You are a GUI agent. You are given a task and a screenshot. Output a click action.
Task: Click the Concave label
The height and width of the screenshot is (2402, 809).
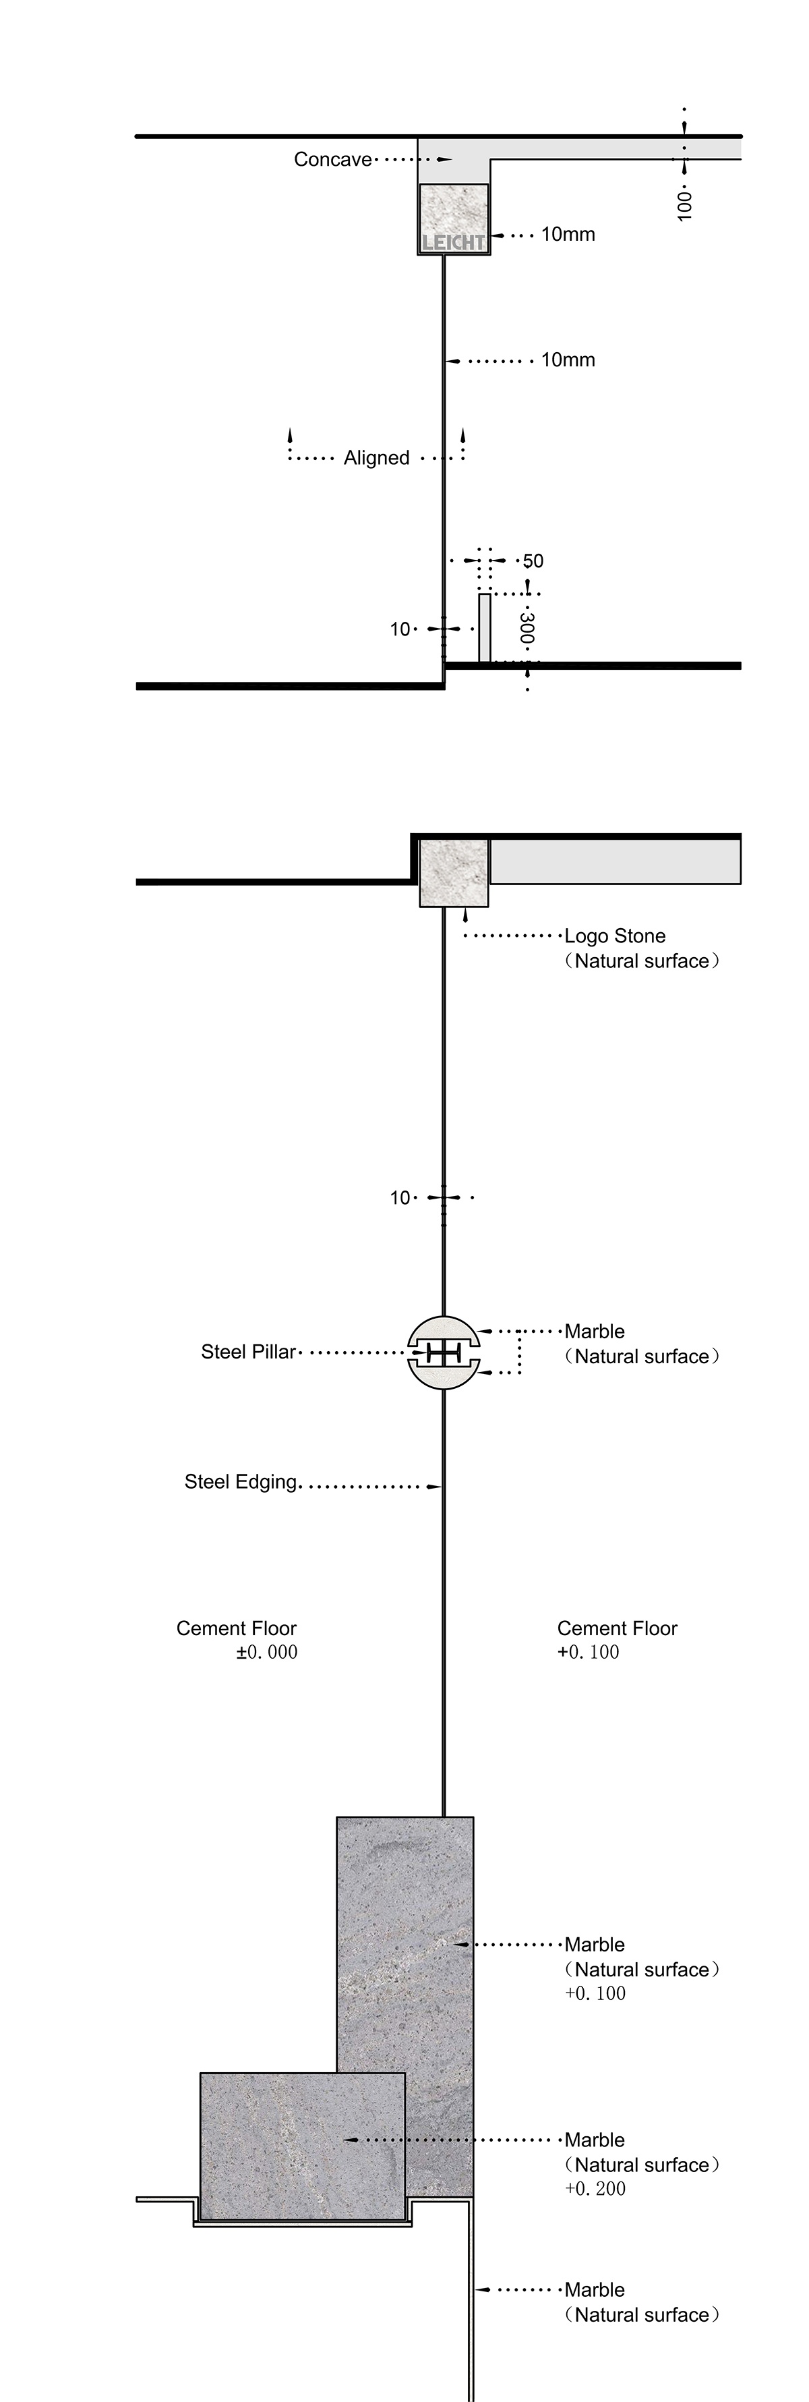click(x=333, y=159)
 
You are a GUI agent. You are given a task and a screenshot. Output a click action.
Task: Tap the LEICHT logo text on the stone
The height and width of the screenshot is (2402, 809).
click(x=454, y=242)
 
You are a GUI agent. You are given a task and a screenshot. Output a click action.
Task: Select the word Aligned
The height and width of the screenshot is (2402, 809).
click(x=377, y=458)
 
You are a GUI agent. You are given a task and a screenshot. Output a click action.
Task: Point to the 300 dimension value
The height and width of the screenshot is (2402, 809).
click(x=527, y=629)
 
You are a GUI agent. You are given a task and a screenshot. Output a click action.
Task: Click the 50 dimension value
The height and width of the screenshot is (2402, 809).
click(x=533, y=561)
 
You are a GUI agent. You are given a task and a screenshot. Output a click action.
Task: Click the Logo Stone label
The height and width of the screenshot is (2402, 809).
click(x=615, y=936)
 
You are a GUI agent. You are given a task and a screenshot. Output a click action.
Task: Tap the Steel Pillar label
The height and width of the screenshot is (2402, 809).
click(x=248, y=1352)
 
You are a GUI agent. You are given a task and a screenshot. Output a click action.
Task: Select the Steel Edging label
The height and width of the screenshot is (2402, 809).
click(x=241, y=1482)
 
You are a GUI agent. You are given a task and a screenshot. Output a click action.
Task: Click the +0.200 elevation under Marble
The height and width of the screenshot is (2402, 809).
click(x=595, y=2188)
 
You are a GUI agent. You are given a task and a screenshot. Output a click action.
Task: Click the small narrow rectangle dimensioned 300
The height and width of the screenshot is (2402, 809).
click(x=485, y=627)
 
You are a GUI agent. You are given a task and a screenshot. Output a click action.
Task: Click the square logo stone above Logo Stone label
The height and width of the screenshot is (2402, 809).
click(x=454, y=873)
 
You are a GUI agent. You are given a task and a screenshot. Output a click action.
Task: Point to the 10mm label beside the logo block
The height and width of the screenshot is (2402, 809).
click(x=568, y=234)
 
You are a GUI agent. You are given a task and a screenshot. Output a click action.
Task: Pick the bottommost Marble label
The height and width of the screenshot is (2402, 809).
click(x=595, y=2289)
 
